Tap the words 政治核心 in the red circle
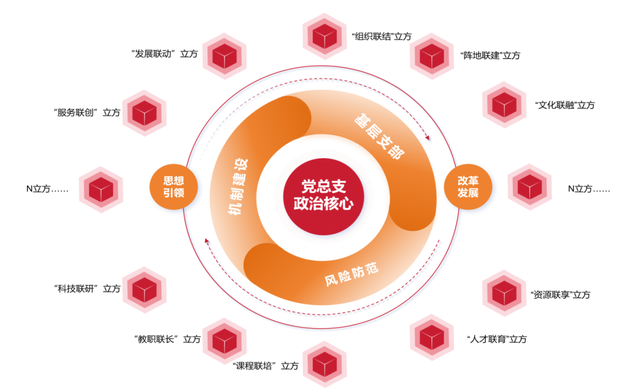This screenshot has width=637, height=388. pos(324,203)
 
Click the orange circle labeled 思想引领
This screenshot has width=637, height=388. pos(174,187)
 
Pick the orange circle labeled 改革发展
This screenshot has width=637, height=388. pos(468,187)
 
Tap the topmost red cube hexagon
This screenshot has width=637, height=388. pos(325,36)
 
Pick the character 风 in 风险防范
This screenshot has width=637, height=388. pos(331,281)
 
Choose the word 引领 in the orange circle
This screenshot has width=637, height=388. pos(174,193)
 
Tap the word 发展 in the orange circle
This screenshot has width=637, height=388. pos(468,193)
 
